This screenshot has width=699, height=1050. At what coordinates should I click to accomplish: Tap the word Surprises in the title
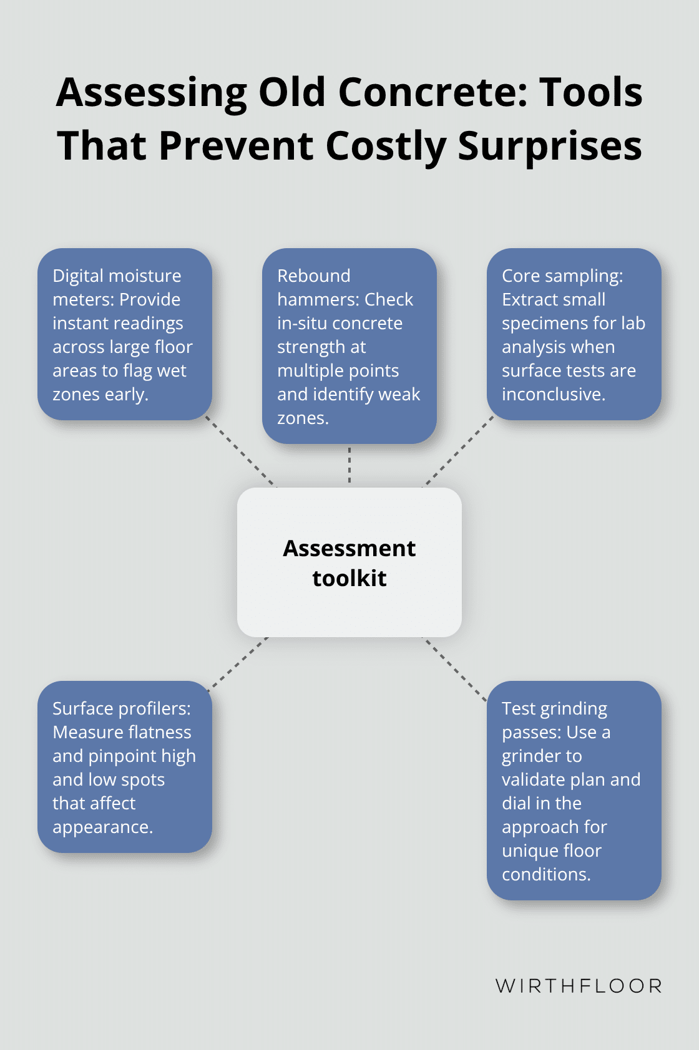pos(550,146)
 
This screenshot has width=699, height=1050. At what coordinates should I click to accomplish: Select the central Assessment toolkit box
pos(349,562)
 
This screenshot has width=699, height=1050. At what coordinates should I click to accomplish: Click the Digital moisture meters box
pos(125,334)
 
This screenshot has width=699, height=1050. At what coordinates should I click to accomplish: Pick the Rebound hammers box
pos(349,346)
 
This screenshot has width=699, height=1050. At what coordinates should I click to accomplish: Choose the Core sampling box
pos(574,334)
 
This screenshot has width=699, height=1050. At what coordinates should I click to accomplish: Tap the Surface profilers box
pos(125,767)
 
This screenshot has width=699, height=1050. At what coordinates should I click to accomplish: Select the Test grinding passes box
pos(574,791)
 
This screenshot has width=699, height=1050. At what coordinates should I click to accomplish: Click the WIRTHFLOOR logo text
pos(579,986)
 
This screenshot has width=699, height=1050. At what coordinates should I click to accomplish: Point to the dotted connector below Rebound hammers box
pos(349,465)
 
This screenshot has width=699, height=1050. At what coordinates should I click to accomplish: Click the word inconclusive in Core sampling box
pos(554,394)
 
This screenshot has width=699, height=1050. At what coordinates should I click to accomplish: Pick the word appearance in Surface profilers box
pos(102,827)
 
